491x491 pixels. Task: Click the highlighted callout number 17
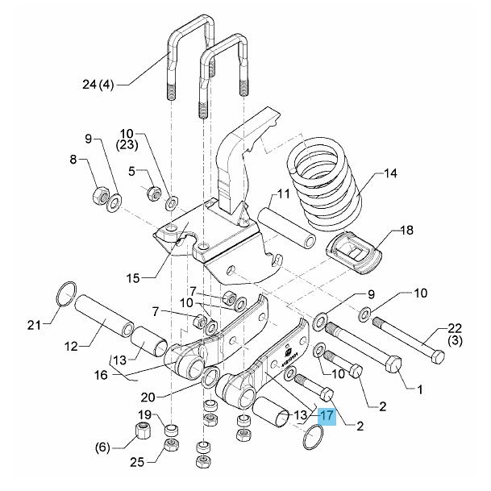coord(327,416)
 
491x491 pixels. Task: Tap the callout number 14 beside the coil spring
coord(390,173)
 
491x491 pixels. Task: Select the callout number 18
coord(406,231)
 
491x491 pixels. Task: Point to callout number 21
coord(33,326)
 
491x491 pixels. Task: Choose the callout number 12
coord(70,346)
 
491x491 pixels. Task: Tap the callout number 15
coord(134,277)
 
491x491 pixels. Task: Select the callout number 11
coord(283,193)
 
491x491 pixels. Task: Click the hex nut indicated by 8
coord(102,195)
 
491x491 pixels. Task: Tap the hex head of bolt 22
coord(435,355)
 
